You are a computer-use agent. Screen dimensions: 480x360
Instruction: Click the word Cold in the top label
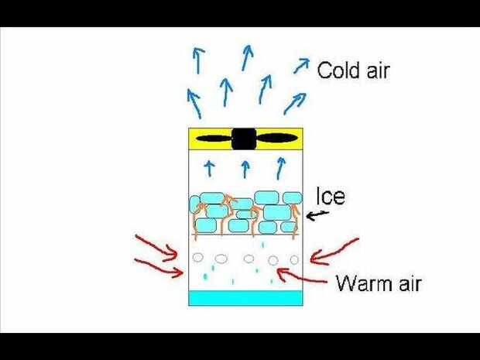click(335, 71)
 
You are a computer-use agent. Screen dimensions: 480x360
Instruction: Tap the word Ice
click(330, 197)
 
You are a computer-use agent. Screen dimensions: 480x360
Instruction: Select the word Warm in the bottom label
click(360, 283)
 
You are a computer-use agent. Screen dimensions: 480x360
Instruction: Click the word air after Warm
click(406, 283)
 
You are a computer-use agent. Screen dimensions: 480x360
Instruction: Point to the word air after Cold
click(373, 71)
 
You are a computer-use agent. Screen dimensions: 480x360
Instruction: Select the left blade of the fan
click(213, 139)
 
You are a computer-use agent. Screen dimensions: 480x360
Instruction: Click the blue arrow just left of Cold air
click(300, 67)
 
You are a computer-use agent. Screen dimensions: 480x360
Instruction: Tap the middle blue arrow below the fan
click(245, 168)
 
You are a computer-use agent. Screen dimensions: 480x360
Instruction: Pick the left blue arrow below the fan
click(209, 167)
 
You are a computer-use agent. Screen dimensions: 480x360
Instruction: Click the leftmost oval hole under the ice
click(198, 256)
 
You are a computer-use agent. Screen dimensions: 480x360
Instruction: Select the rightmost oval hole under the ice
click(294, 259)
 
